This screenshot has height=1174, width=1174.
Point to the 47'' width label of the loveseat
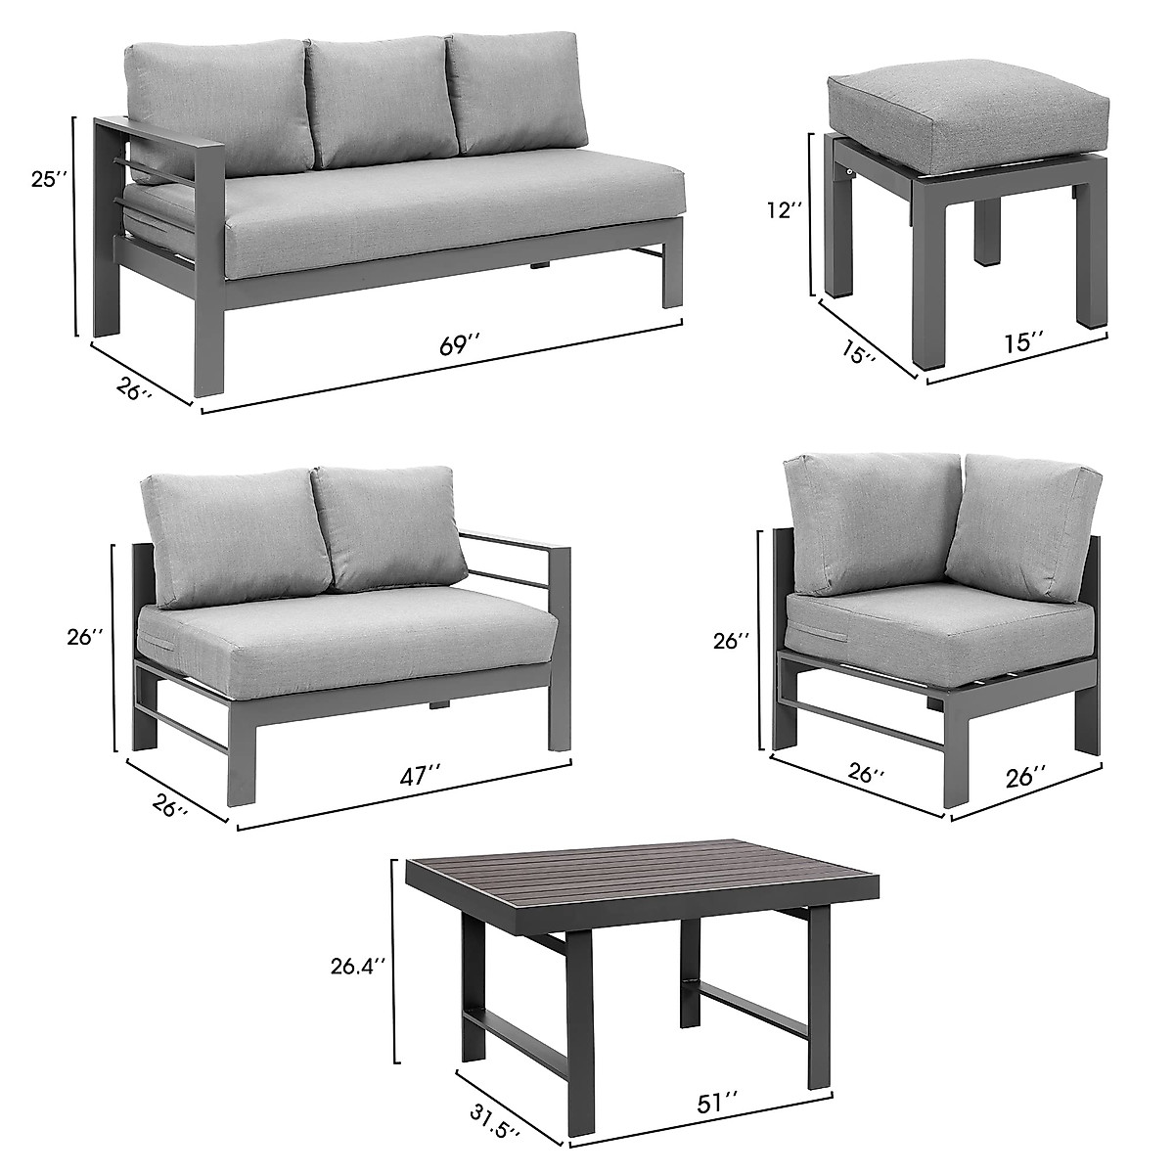(416, 776)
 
